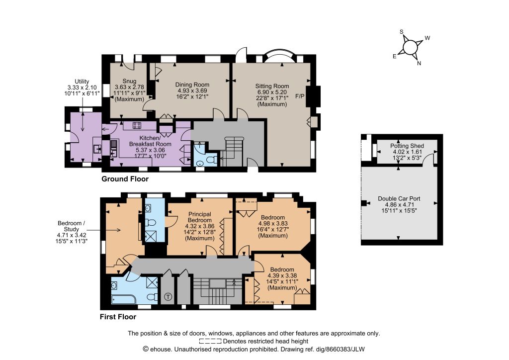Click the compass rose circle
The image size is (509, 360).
click(410, 47)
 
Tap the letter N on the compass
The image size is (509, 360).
click(419, 63)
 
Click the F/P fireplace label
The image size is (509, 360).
click(300, 96)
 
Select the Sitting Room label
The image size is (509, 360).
click(272, 86)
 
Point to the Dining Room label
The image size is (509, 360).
click(192, 85)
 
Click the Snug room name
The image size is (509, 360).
click(129, 81)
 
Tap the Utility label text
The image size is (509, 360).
click(82, 82)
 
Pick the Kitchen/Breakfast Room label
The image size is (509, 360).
click(150, 141)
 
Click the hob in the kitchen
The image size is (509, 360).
click(137, 125)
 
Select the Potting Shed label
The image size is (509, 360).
click(407, 146)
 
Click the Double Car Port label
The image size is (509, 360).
click(399, 199)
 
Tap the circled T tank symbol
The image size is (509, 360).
click(168, 296)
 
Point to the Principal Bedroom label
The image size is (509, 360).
click(200, 217)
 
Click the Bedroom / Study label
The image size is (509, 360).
click(71, 226)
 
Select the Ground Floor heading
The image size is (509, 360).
click(125, 179)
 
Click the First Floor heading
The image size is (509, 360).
click(118, 317)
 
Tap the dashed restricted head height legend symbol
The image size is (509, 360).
click(210, 341)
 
